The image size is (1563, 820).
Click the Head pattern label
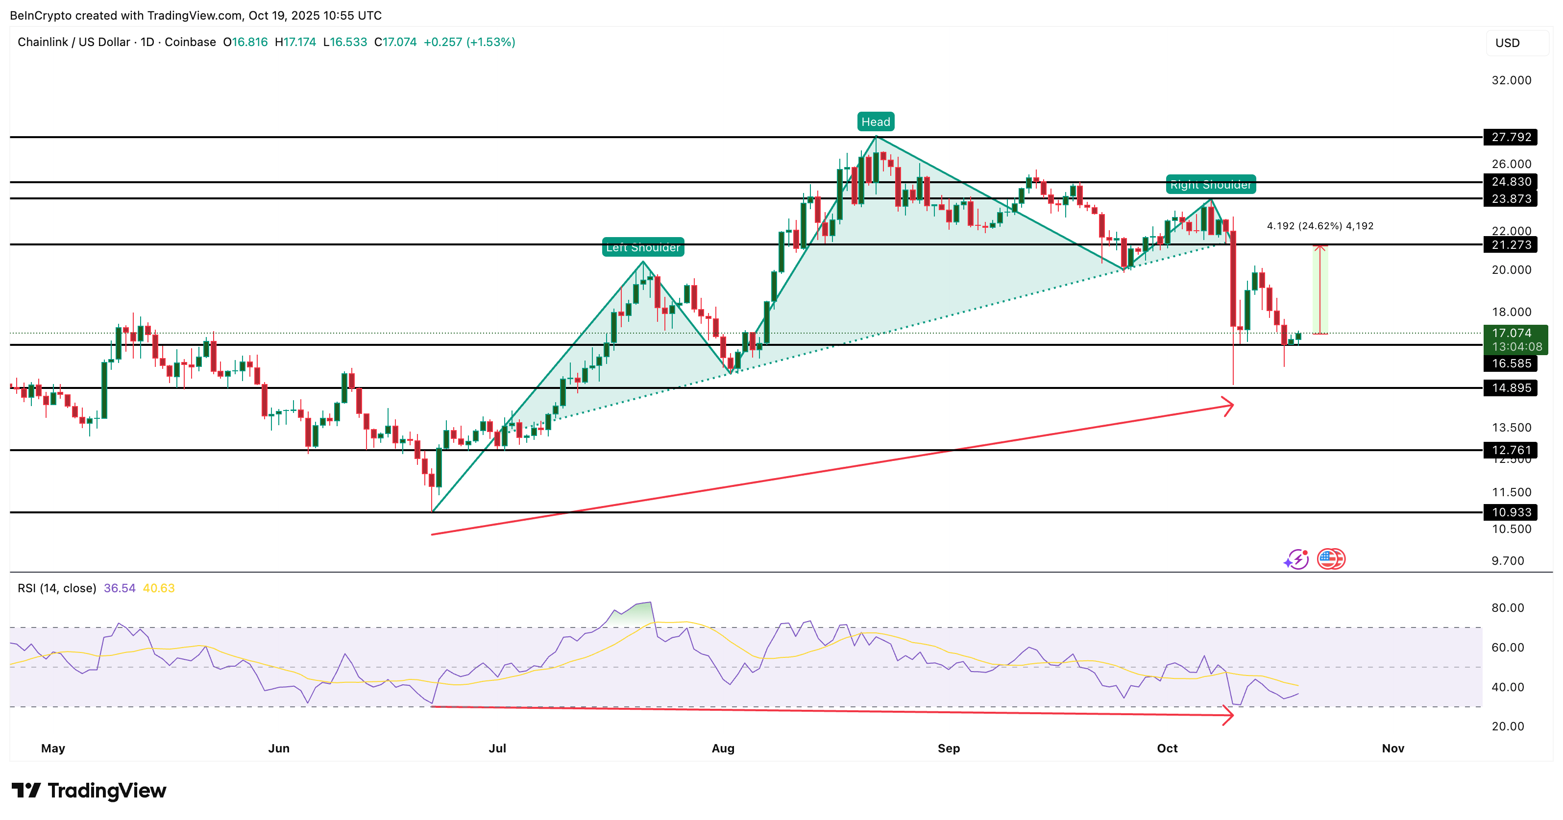[x=876, y=122]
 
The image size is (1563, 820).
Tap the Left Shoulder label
[x=642, y=247]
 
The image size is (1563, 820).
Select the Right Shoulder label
[x=1211, y=184]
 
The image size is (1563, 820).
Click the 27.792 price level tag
[x=1510, y=137]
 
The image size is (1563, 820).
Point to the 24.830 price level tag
[x=1510, y=181]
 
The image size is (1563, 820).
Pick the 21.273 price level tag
[x=1510, y=244]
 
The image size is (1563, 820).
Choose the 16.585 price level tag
[x=1510, y=363]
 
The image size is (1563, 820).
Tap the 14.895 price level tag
[x=1510, y=387]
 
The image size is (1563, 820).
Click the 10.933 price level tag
[x=1510, y=512]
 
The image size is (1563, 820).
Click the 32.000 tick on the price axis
[x=1512, y=80]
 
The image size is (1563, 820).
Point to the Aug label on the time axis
[x=723, y=748]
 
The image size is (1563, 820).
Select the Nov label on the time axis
[x=1392, y=748]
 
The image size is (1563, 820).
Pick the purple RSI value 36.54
[x=120, y=588]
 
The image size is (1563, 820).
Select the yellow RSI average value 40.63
[x=158, y=588]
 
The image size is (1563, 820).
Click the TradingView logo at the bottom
[x=89, y=790]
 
